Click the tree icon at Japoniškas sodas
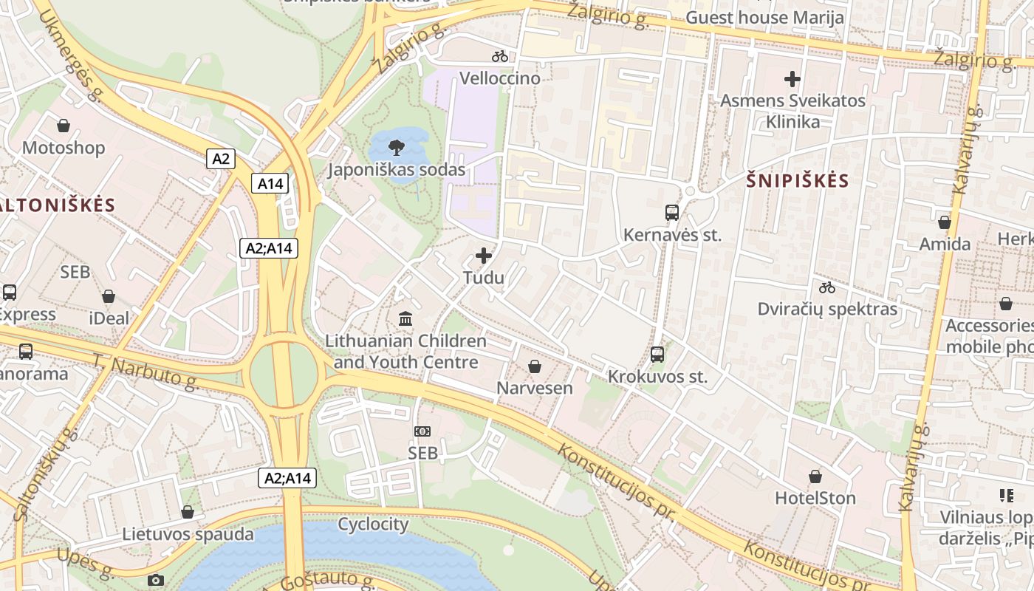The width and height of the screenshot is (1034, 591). (x=397, y=146)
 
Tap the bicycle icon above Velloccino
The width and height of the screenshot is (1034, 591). (x=500, y=55)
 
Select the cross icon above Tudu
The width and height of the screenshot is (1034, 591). (x=484, y=256)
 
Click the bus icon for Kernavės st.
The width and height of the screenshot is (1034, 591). (x=672, y=213)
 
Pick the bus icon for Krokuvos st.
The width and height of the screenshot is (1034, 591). (x=657, y=355)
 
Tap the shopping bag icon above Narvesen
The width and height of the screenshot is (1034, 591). (x=535, y=366)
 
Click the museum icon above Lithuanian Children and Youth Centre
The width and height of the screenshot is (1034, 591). (x=405, y=319)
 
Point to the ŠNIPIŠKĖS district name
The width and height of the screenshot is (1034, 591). (x=797, y=180)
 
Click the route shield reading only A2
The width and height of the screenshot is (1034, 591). (x=221, y=158)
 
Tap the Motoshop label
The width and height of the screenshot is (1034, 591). (x=64, y=148)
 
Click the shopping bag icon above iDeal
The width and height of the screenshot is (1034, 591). (x=109, y=296)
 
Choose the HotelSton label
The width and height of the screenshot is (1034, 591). (x=815, y=498)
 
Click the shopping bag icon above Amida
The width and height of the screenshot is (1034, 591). (x=944, y=222)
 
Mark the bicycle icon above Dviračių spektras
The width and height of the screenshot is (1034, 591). (x=827, y=287)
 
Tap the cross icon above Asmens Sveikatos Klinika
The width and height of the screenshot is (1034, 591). (x=792, y=78)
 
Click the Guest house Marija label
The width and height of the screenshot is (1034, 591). (x=764, y=17)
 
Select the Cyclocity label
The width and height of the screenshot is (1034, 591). (x=373, y=525)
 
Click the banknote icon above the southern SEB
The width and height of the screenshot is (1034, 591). (x=422, y=431)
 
